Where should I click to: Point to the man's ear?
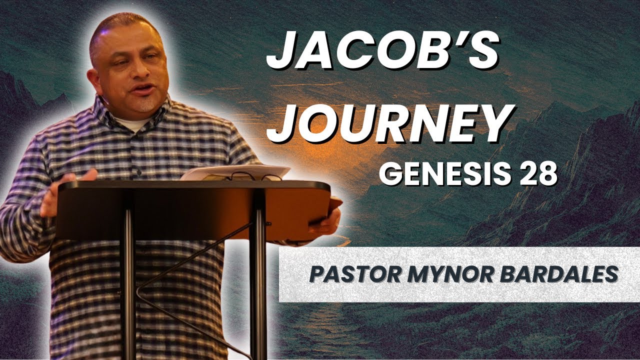pos(92,80)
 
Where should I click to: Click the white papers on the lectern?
pos(235,172)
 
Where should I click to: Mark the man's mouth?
pos(142,90)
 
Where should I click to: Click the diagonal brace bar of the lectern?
pos(195,260)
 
